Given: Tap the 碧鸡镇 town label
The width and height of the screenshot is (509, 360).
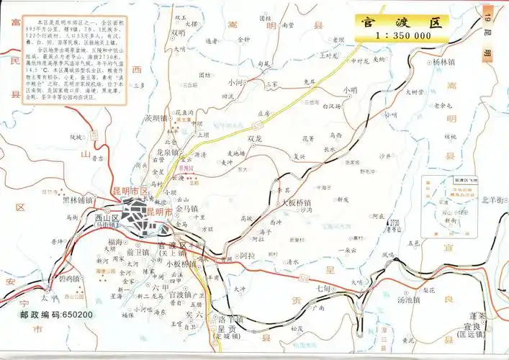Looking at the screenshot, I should tap(75, 278).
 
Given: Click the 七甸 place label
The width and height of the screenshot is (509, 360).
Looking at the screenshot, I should tap(322, 288).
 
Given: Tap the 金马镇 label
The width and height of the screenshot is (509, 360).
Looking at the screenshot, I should tap(186, 208).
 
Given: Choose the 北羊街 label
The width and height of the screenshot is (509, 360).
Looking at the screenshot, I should tap(494, 199).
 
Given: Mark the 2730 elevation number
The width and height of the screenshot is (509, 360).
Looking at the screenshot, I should tap(394, 222).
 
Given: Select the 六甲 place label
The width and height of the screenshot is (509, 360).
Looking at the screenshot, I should tap(161, 287).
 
